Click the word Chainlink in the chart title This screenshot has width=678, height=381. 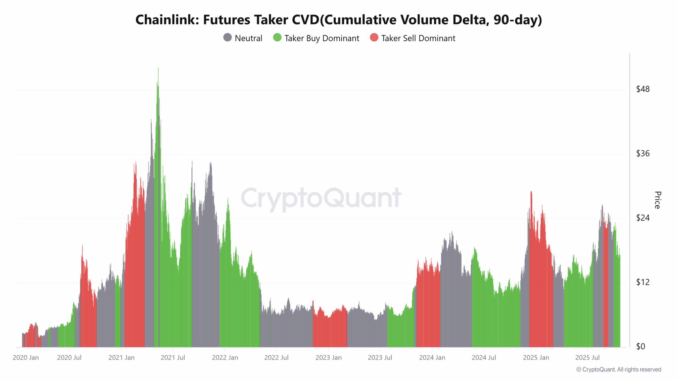167,20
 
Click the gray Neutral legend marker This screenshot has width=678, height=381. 227,38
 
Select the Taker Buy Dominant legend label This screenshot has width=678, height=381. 321,38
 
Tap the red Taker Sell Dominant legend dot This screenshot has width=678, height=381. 374,38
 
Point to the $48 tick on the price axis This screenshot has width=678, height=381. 643,89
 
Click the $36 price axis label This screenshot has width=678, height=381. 643,153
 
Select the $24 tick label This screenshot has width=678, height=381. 643,218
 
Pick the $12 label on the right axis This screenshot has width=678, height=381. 643,282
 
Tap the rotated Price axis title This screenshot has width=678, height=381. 657,200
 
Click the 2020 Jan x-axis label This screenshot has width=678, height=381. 26,358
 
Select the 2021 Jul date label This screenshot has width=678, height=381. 173,358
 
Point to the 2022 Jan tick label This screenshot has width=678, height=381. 225,358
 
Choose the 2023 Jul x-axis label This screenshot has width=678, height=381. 380,358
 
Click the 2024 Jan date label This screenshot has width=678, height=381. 432,358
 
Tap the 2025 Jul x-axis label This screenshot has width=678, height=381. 587,358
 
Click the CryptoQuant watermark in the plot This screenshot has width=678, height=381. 321,198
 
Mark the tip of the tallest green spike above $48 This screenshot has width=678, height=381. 158,68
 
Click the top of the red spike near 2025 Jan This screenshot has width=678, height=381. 531,192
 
